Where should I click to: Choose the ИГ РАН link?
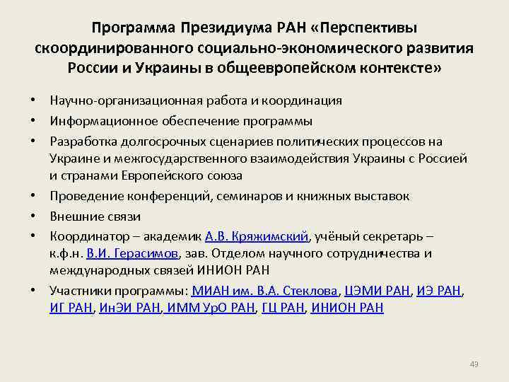(x=71, y=308)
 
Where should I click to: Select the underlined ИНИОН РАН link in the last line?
(x=346, y=308)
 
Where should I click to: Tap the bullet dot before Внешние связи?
(x=34, y=216)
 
